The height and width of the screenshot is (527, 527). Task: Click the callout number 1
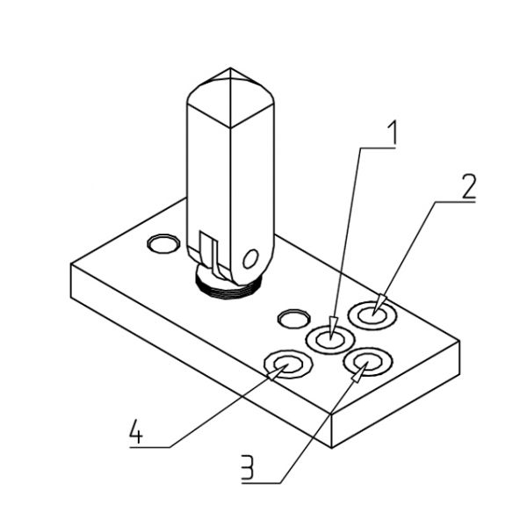pyautogui.click(x=392, y=133)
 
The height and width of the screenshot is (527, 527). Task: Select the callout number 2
pyautogui.click(x=468, y=186)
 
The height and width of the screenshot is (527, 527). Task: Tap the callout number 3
pyautogui.click(x=248, y=467)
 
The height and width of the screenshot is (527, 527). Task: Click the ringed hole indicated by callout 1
pyautogui.click(x=330, y=339)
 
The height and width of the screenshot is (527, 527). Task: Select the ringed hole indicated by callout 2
pyautogui.click(x=372, y=315)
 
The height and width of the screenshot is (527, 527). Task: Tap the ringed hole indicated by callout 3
pyautogui.click(x=368, y=362)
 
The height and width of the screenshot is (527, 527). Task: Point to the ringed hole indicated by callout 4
pyautogui.click(x=288, y=365)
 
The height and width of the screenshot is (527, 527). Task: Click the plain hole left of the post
pyautogui.click(x=163, y=243)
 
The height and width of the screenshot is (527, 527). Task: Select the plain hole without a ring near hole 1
pyautogui.click(x=294, y=319)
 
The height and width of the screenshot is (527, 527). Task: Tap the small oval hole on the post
pyautogui.click(x=250, y=259)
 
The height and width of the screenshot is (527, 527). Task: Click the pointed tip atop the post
pyautogui.click(x=230, y=69)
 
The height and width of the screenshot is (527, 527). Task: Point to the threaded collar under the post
pyautogui.click(x=229, y=285)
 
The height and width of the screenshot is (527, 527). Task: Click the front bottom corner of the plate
pyautogui.click(x=331, y=448)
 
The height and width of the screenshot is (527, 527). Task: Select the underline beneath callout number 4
pyautogui.click(x=150, y=447)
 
